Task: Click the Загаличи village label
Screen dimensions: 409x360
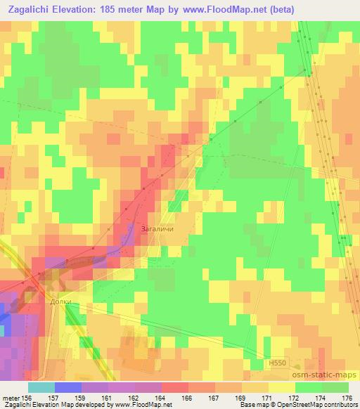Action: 157,228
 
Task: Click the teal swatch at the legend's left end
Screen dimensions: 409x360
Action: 41,388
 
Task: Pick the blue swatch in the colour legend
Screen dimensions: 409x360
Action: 67,388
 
